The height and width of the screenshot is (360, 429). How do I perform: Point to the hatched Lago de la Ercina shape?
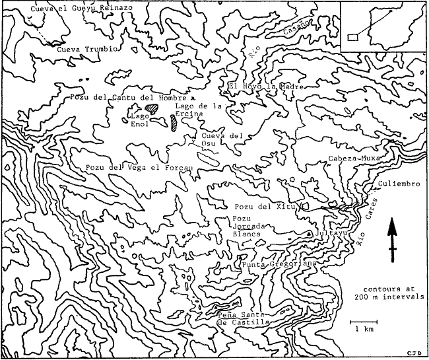tap(174, 122)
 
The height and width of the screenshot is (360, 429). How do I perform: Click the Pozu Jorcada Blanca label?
tap(247, 226)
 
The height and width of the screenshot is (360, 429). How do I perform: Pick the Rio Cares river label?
tap(368, 223)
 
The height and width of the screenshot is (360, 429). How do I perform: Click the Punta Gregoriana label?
tap(280, 264)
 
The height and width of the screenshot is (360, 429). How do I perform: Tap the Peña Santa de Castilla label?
tap(243, 318)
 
